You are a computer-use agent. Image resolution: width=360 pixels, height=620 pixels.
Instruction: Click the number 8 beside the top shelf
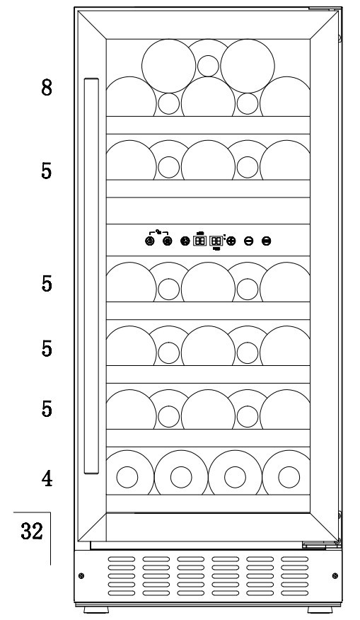coord(47,87)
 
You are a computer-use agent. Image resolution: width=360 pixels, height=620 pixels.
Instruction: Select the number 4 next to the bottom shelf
coord(47,478)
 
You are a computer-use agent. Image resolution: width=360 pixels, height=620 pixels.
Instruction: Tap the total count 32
coord(32,531)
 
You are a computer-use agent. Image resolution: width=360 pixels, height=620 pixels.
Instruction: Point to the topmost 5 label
coord(47,171)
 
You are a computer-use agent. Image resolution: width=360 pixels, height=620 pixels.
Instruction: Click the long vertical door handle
coord(91,276)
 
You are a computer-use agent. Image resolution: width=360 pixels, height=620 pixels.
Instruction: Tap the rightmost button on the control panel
coord(267,241)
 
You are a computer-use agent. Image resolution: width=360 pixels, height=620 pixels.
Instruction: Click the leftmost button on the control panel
coord(149,241)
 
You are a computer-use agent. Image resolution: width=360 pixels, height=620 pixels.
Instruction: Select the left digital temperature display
coord(200,241)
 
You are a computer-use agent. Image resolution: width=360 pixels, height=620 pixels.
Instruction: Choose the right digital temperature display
coord(216,241)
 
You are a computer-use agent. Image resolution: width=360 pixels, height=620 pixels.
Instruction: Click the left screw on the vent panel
coord(81,575)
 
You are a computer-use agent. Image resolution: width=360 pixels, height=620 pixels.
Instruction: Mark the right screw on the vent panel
coord(335,575)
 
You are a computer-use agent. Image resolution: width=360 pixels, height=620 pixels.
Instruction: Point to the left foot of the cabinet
coord(96,609)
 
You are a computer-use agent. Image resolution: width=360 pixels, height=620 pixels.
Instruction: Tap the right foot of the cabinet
coord(320,609)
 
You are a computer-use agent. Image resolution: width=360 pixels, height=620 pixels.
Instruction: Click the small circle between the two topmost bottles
coord(208,66)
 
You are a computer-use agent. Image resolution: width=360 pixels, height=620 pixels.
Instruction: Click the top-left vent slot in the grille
coord(122,559)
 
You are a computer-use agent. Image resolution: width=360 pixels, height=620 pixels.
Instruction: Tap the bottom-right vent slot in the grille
coord(294,592)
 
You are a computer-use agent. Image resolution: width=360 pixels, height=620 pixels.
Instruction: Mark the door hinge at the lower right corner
coord(321,544)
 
